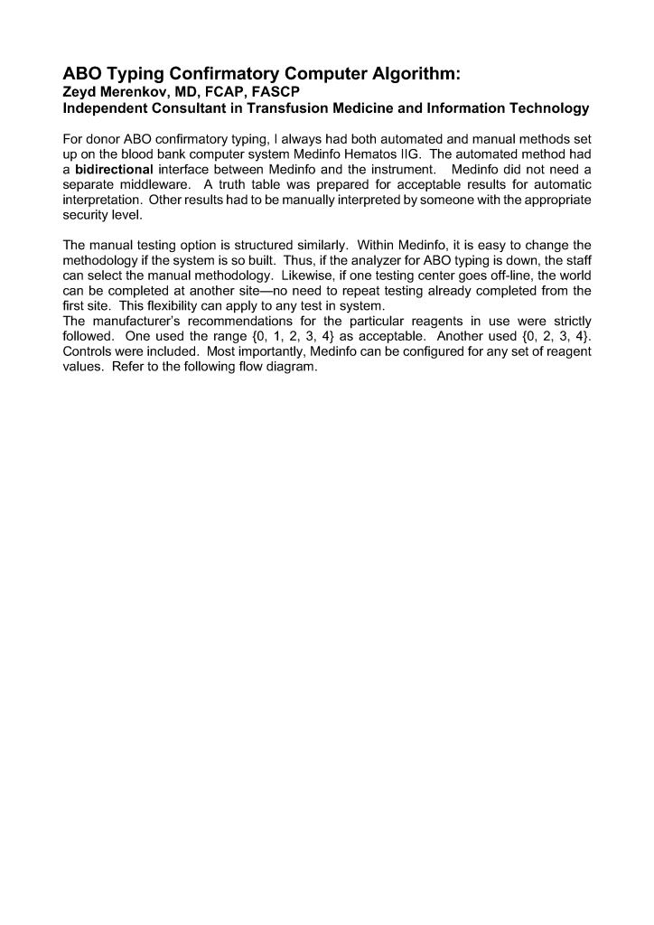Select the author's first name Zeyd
click(79, 91)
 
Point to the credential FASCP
click(273, 91)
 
